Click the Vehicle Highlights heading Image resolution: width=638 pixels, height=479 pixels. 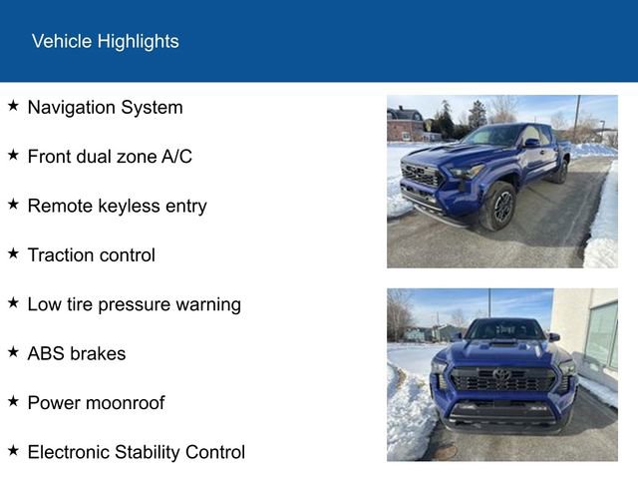click(x=105, y=41)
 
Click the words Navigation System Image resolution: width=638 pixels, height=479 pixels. click(x=105, y=107)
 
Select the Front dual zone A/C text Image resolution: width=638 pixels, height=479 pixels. click(x=110, y=156)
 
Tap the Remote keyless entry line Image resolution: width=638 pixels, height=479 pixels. click(x=117, y=206)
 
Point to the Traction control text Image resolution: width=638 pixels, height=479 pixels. click(x=91, y=254)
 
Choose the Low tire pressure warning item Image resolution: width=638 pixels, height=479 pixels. click(x=134, y=304)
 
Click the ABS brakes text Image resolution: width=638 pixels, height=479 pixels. click(x=76, y=353)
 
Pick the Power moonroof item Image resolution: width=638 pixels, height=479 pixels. click(x=96, y=403)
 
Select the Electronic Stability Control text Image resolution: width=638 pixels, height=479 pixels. click(x=136, y=452)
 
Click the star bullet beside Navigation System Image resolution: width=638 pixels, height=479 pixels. click(x=13, y=105)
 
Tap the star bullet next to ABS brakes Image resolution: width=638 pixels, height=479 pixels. click(x=13, y=351)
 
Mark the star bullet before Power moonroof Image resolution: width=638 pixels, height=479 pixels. click(x=13, y=401)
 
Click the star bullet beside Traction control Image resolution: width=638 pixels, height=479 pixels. click(x=13, y=252)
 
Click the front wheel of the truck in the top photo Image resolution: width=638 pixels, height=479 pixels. click(x=499, y=206)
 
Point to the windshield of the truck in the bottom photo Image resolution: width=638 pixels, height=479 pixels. click(x=503, y=329)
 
